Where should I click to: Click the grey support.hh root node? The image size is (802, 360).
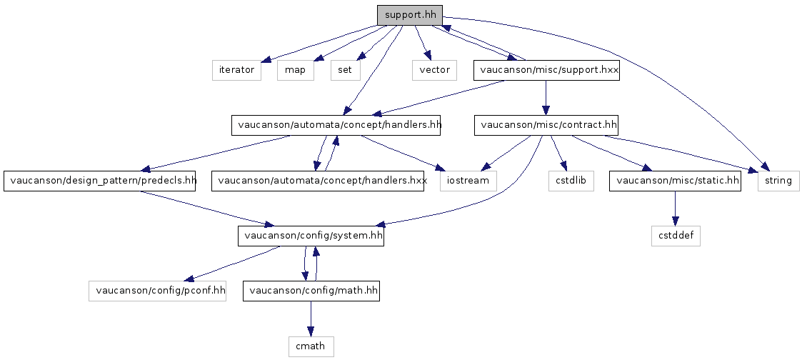[x=410, y=15]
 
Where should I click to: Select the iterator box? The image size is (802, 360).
[x=237, y=70]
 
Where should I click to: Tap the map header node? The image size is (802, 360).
[x=296, y=70]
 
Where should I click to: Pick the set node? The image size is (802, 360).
[x=345, y=70]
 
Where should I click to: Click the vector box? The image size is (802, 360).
[x=434, y=70]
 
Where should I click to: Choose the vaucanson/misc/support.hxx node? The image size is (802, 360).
[x=546, y=70]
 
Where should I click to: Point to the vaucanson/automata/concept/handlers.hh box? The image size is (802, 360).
[x=336, y=125]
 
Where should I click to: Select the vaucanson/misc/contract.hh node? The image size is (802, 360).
[x=546, y=125]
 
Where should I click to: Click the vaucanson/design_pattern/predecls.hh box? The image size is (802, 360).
[x=100, y=181]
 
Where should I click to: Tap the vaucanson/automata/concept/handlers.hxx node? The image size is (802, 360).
[x=318, y=181]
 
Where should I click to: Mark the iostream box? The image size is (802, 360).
[x=468, y=181]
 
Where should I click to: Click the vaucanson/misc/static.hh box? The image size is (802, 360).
[x=675, y=181]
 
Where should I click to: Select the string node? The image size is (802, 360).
[x=778, y=181]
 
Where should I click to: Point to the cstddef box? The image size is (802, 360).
[x=676, y=236]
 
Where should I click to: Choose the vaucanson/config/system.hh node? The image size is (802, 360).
[x=311, y=236]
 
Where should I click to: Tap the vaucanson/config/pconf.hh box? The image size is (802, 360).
[x=158, y=291]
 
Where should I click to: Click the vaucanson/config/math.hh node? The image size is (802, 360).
[x=311, y=291]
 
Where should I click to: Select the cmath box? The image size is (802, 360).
[x=311, y=346]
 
